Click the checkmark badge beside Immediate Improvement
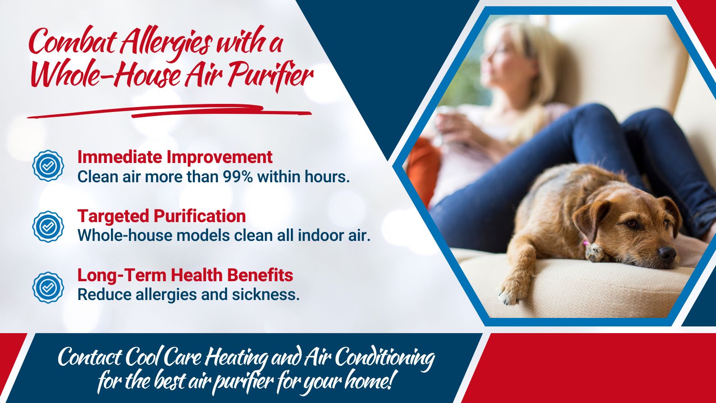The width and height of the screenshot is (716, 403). pyautogui.click(x=48, y=166)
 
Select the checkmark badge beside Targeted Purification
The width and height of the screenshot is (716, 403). pyautogui.click(x=48, y=227)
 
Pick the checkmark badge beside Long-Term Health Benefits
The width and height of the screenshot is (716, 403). pyautogui.click(x=48, y=287)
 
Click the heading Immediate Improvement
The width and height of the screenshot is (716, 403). pyautogui.click(x=175, y=157)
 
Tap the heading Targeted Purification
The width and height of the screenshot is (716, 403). pyautogui.click(x=162, y=216)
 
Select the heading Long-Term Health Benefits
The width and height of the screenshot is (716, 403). pyautogui.click(x=185, y=275)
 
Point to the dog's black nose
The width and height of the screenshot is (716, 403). pyautogui.click(x=667, y=253)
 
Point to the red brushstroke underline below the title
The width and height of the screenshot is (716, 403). pyautogui.click(x=170, y=111)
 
